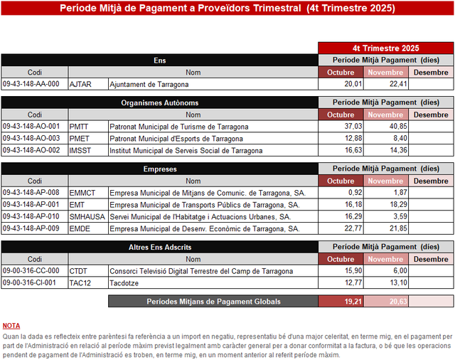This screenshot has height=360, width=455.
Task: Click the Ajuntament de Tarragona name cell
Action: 213,84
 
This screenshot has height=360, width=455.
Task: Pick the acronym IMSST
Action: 80,150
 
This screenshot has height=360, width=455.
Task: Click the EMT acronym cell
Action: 87,205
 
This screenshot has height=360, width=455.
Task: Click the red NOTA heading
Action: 11,325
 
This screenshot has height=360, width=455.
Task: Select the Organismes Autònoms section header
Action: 159,103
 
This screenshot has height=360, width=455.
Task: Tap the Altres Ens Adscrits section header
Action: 159,247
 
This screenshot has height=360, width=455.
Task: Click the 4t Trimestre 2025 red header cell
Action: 385,48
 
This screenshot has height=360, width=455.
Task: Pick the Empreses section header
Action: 159,169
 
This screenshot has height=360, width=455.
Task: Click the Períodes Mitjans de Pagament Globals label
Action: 213,302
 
